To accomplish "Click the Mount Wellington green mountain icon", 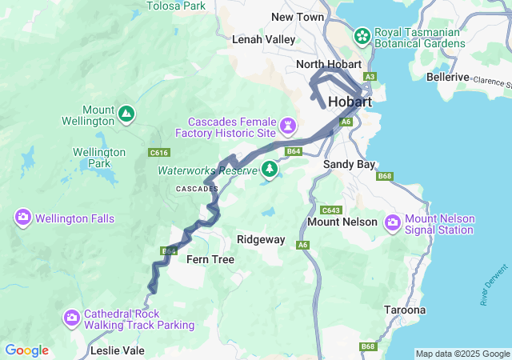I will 126,114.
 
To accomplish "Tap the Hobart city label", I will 350,102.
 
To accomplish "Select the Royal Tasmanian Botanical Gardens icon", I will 362,36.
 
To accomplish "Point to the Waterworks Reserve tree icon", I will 270,170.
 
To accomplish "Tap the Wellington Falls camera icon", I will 22,218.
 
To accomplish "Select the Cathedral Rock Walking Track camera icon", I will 72,318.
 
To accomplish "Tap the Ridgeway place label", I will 261,239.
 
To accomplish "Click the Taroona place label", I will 405,310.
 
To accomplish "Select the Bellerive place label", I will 448,77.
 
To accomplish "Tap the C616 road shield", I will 159,151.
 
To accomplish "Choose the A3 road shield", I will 370,77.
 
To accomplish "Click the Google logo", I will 27,350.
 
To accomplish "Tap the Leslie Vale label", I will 118,350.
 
